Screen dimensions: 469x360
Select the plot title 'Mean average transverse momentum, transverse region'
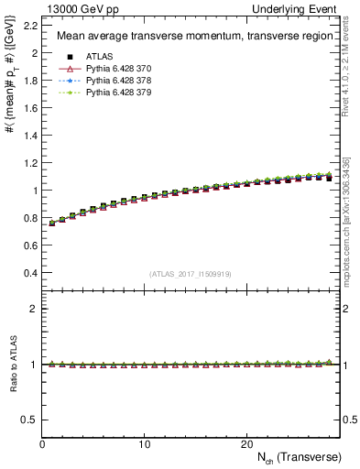(x=190, y=37)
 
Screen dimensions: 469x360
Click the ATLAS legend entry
(x=102, y=57)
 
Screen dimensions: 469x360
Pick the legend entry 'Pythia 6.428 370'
(x=123, y=69)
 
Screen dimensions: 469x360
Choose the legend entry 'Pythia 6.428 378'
(x=123, y=81)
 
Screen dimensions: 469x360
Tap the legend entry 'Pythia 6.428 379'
(x=123, y=93)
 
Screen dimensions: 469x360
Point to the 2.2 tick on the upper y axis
(x=30, y=26)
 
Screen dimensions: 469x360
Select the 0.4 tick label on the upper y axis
(x=30, y=273)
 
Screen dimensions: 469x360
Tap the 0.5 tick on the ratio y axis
(x=30, y=420)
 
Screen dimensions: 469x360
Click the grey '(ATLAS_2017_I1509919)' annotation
(x=190, y=272)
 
